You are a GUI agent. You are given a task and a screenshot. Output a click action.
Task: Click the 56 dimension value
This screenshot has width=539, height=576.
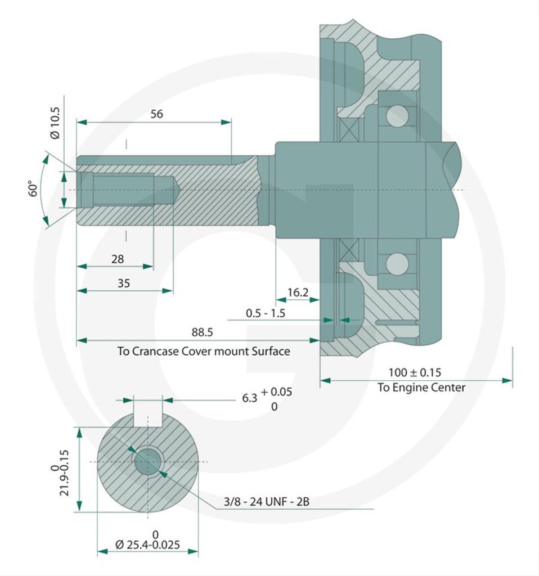(156, 114)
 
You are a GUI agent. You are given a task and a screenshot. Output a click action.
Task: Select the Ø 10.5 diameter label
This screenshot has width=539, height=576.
(55, 123)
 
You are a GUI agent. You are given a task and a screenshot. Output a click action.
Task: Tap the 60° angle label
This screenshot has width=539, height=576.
(33, 189)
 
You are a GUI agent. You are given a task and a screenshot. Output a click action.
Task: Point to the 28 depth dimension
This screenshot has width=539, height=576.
(118, 259)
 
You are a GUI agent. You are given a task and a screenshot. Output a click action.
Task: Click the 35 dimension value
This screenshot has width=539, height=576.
(123, 283)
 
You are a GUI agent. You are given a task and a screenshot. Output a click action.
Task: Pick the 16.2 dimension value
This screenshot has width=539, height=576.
(298, 292)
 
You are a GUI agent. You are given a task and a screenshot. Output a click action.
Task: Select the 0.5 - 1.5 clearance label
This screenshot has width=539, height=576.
(266, 313)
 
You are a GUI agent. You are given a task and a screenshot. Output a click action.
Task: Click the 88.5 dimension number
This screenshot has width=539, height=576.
(202, 332)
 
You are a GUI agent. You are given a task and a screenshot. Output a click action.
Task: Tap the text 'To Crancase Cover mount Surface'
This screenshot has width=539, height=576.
(204, 352)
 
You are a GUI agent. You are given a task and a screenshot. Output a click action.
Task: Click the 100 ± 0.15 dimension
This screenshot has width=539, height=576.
(415, 372)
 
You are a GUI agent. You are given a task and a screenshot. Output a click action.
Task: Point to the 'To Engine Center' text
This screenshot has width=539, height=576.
(421, 387)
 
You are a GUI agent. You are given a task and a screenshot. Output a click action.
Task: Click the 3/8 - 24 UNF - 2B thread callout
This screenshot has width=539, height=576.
(266, 501)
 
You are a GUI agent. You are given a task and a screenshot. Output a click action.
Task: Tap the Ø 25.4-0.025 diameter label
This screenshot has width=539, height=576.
(149, 544)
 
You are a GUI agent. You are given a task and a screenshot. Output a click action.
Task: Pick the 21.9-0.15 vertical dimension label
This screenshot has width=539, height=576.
(63, 472)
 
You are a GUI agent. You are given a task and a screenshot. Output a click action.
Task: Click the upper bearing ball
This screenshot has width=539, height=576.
(397, 116)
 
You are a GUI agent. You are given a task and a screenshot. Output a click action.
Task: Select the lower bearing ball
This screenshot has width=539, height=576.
(397, 263)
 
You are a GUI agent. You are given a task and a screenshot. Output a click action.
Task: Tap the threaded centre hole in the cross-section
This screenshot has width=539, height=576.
(147, 462)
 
